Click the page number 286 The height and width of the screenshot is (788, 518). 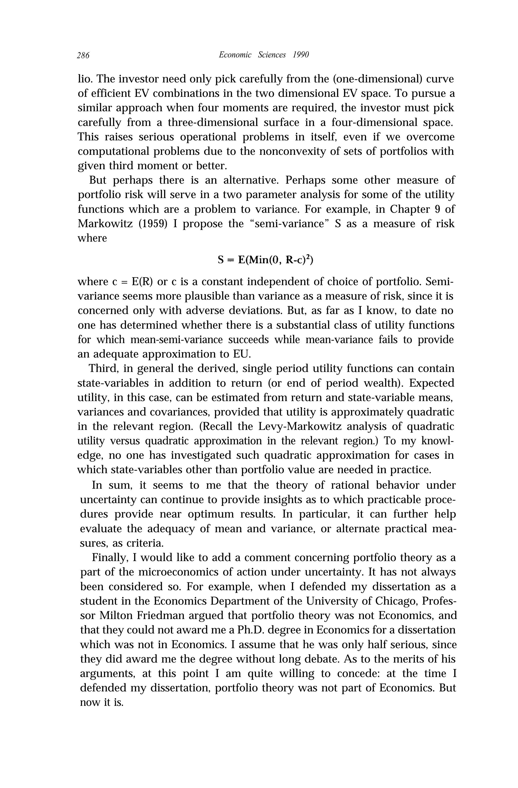tap(83, 55)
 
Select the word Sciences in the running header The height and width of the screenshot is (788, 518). tap(271, 55)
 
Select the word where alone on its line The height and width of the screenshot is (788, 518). tap(92, 238)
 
